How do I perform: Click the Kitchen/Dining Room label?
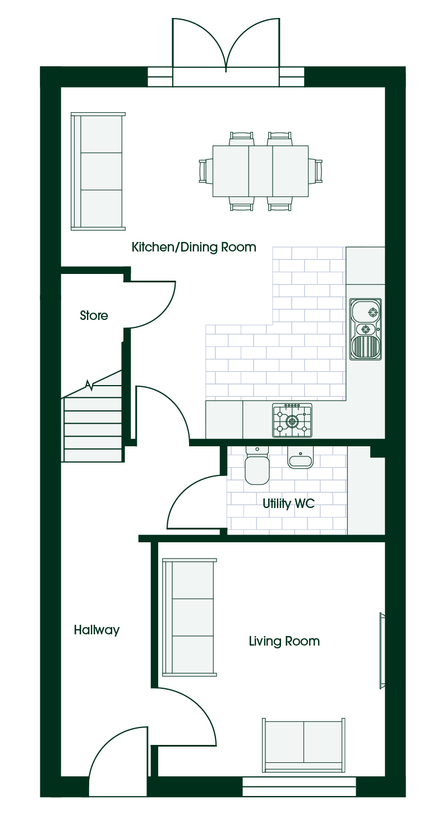point(194,247)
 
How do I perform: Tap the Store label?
point(94,315)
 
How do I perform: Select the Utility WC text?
point(288,504)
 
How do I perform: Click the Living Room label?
point(284,641)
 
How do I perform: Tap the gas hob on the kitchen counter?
point(292,420)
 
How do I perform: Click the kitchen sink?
point(365,329)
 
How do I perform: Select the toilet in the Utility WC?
point(257,465)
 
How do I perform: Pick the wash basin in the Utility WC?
point(300,458)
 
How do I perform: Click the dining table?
point(260,171)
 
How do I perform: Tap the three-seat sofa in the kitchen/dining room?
point(98,172)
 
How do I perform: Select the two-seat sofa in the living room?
point(304,745)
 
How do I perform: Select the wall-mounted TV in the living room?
point(383,651)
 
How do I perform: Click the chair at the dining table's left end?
point(205,171)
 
